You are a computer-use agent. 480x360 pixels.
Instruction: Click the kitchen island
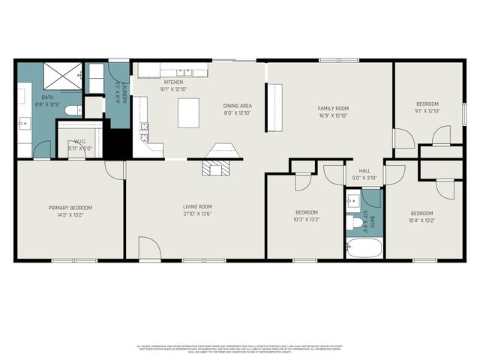tap(188, 112)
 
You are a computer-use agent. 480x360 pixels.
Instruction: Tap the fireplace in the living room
tap(215, 168)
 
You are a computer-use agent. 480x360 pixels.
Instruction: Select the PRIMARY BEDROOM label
tap(70, 208)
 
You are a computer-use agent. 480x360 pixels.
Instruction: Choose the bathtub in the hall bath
tap(364, 247)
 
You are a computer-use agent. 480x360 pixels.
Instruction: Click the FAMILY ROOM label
tap(333, 108)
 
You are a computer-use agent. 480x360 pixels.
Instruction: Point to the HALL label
tap(364, 170)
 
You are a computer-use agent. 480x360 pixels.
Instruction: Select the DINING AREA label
tap(237, 106)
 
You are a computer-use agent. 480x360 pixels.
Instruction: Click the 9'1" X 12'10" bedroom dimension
tap(427, 111)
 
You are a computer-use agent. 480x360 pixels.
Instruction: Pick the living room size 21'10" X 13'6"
tap(198, 214)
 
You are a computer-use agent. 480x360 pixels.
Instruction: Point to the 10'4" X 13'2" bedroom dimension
tap(421, 220)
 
